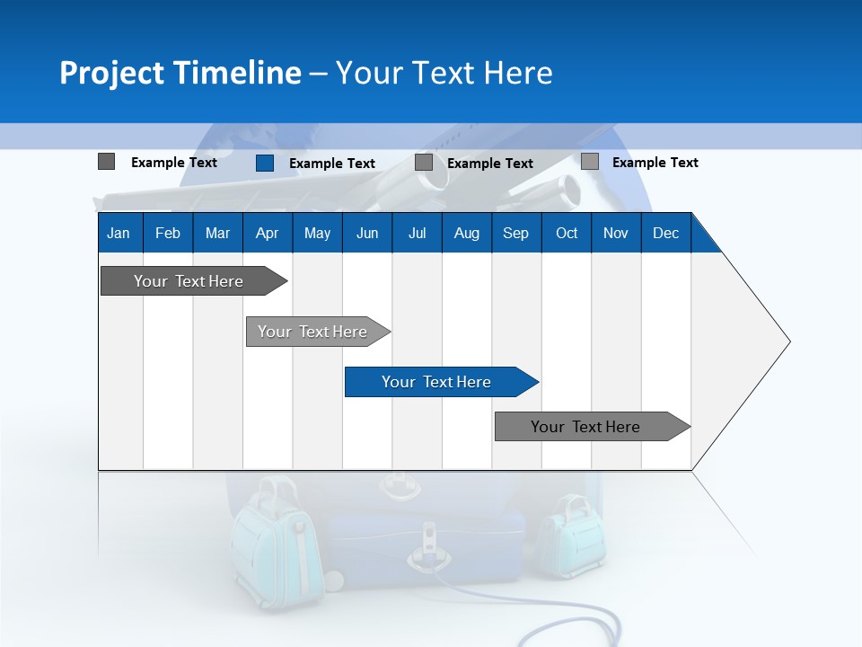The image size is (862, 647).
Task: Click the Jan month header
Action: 119,234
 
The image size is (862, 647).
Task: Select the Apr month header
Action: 267,234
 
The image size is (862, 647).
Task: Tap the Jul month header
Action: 417,234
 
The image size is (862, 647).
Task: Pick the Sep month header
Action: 515,234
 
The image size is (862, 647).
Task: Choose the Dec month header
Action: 665,234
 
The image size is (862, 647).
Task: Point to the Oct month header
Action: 567,234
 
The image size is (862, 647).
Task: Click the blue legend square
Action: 265,163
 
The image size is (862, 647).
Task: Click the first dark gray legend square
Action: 106,162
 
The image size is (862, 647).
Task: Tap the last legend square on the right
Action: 589,162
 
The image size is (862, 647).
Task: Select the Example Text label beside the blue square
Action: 332,164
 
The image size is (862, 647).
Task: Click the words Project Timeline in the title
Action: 180,73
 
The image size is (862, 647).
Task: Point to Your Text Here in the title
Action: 444,73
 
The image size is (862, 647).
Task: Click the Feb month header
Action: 168,234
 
